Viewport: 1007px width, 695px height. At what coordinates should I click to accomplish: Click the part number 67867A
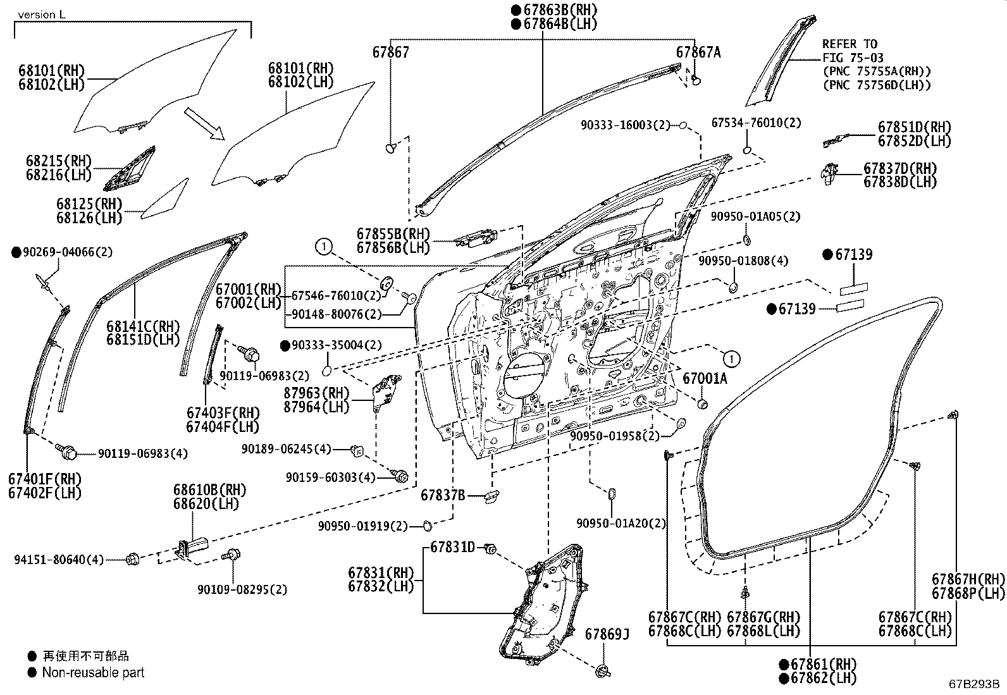click(x=698, y=52)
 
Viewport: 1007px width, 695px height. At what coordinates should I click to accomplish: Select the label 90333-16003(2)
click(x=626, y=125)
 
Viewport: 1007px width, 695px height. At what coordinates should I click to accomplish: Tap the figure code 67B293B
click(x=973, y=684)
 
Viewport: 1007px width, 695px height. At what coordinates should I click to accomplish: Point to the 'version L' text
click(x=41, y=15)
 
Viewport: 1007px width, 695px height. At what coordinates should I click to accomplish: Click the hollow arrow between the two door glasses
click(x=204, y=123)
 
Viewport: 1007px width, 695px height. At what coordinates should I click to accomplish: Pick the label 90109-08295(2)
click(x=242, y=589)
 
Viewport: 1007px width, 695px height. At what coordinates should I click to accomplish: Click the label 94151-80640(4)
click(x=59, y=559)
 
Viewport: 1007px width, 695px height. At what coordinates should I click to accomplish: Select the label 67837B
click(x=443, y=495)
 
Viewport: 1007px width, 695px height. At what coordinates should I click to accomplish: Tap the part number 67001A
click(x=705, y=379)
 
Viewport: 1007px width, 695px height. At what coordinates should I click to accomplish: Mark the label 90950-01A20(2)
click(x=621, y=523)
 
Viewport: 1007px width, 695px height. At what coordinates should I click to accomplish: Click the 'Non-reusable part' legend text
click(x=93, y=672)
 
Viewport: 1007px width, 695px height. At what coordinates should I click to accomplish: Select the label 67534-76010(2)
click(x=756, y=122)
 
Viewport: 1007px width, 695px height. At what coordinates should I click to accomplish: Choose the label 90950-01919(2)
click(x=363, y=526)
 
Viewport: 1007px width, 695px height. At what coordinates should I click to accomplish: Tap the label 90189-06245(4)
click(x=287, y=448)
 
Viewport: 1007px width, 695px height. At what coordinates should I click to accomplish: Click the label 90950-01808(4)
click(x=743, y=261)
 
